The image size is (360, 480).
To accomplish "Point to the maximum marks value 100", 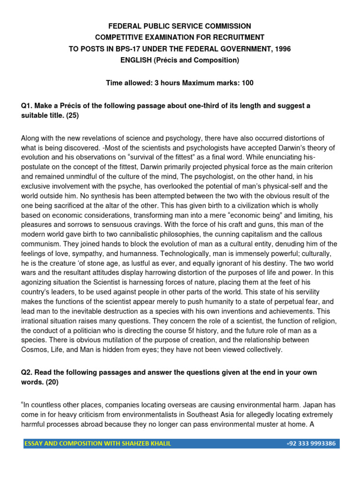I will pyautogui.click(x=247, y=83).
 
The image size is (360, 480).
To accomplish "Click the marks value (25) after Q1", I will pyautogui.click(x=72, y=115).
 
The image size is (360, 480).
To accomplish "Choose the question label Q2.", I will pyautogui.click(x=27, y=372).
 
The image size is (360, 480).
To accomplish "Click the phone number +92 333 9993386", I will pyautogui.click(x=311, y=443).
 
